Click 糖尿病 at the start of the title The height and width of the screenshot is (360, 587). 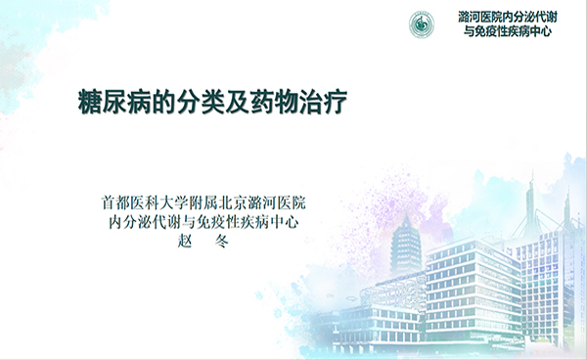pyautogui.click(x=111, y=102)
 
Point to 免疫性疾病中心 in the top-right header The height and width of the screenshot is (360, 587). pyautogui.click(x=519, y=31)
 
